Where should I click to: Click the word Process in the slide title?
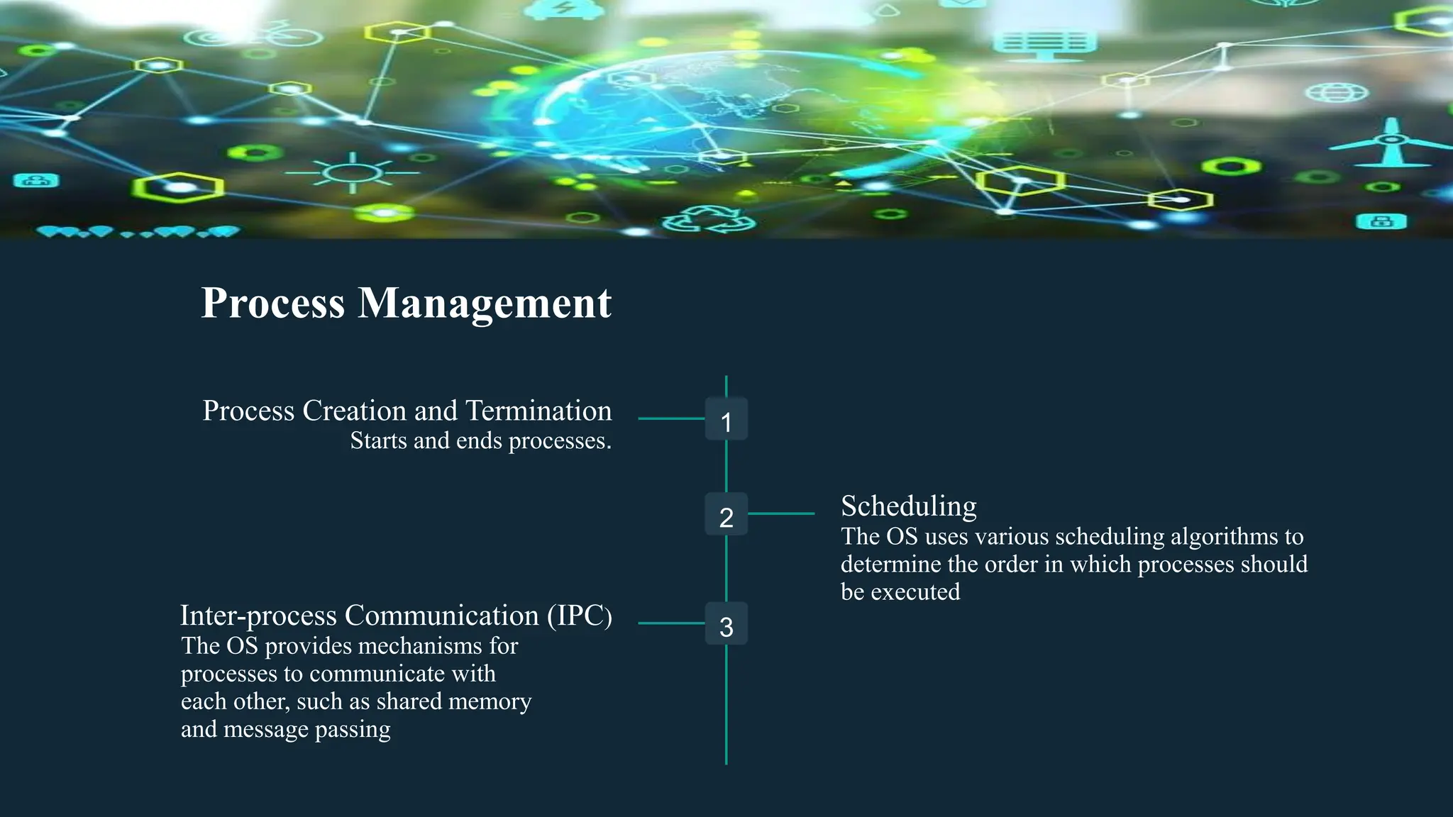[x=273, y=304]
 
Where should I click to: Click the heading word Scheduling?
[x=908, y=506]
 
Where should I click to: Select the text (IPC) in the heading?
[x=579, y=616]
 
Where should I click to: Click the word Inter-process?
[x=258, y=616]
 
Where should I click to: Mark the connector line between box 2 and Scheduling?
[x=781, y=513]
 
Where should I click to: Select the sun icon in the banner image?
[x=352, y=172]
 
